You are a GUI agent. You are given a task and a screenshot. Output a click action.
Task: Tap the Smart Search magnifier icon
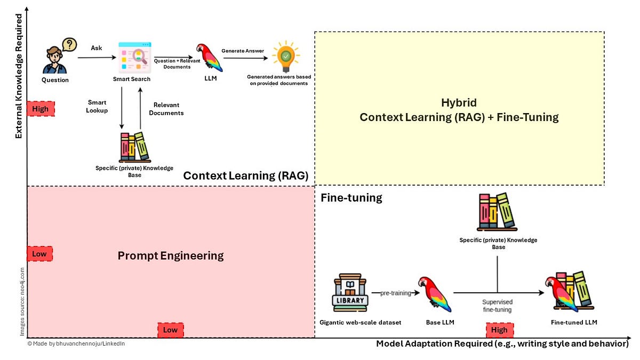pyautogui.click(x=132, y=57)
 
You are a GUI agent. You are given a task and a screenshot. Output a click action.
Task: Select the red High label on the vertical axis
pyautogui.click(x=41, y=109)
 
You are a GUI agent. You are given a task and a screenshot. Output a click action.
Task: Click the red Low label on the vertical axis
pyautogui.click(x=40, y=254)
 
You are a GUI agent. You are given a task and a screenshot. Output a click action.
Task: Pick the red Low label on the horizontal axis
pyautogui.click(x=170, y=330)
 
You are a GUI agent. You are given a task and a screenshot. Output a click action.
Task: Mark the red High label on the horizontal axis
pyautogui.click(x=499, y=330)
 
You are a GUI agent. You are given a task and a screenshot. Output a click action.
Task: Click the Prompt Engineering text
pyautogui.click(x=171, y=256)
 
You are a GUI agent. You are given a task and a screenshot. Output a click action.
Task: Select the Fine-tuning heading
pyautogui.click(x=351, y=198)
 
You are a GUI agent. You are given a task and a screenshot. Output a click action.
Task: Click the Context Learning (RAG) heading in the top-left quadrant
pyautogui.click(x=246, y=176)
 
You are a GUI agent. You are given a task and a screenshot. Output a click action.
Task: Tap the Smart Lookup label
pyautogui.click(x=97, y=106)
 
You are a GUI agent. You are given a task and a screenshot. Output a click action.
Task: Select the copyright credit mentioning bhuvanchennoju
pyautogui.click(x=76, y=344)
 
